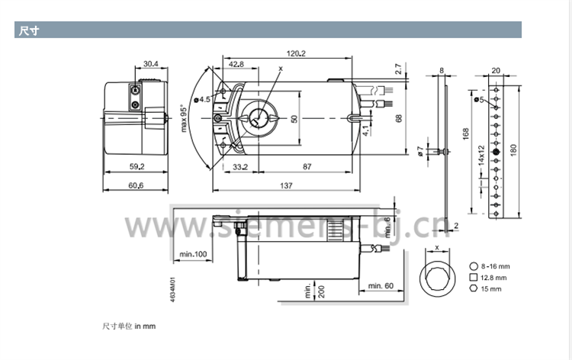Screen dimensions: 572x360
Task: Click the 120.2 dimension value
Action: [x=296, y=53]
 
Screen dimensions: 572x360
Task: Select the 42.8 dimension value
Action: [x=236, y=64]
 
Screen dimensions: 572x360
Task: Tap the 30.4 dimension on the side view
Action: [x=151, y=64]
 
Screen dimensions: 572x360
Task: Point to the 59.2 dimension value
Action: [x=137, y=167]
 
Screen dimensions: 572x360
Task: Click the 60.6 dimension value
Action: [x=136, y=185]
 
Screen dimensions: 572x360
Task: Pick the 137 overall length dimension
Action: [x=286, y=185]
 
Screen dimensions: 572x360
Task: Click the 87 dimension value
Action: [x=307, y=167]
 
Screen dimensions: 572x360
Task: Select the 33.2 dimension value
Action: [x=240, y=167]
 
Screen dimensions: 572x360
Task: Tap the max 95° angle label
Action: [x=184, y=118]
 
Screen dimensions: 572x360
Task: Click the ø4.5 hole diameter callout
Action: [x=202, y=100]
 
